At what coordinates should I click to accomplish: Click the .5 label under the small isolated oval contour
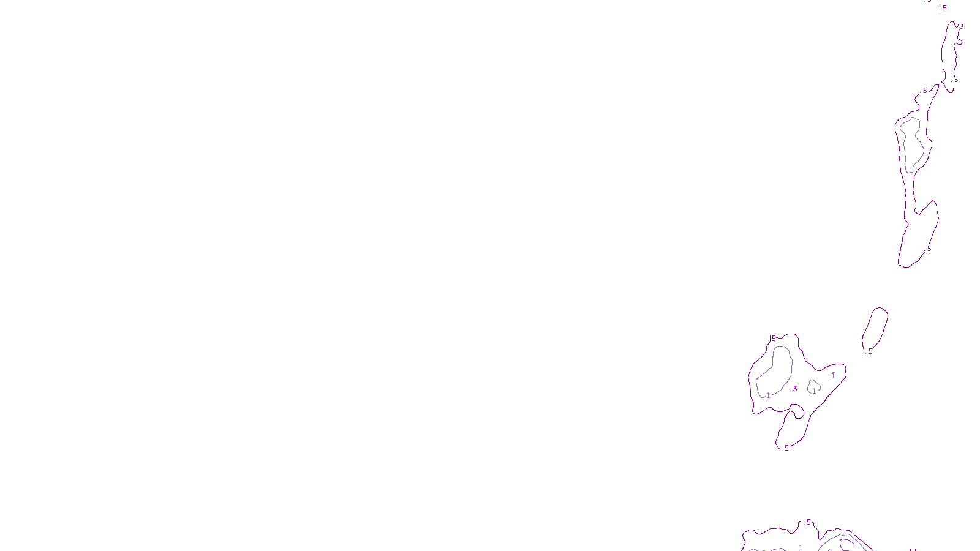(x=870, y=351)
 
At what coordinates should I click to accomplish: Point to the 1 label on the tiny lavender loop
(x=814, y=391)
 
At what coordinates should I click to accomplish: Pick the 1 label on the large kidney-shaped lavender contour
(x=768, y=395)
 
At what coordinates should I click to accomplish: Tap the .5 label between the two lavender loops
(x=794, y=389)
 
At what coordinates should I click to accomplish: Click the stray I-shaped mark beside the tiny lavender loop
(x=833, y=375)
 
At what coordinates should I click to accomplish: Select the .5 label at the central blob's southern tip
(x=786, y=448)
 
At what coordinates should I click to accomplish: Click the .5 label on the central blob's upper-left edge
(x=773, y=339)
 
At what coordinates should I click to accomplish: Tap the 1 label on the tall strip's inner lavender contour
(x=911, y=170)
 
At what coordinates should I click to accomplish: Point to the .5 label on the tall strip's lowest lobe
(x=929, y=249)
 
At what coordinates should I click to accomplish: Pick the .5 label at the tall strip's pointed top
(x=925, y=91)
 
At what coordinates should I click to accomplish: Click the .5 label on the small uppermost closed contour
(x=955, y=80)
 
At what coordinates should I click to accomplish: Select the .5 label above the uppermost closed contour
(x=943, y=8)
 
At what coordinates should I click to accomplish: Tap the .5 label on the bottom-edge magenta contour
(x=808, y=522)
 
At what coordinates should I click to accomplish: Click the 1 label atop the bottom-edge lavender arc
(x=843, y=533)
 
